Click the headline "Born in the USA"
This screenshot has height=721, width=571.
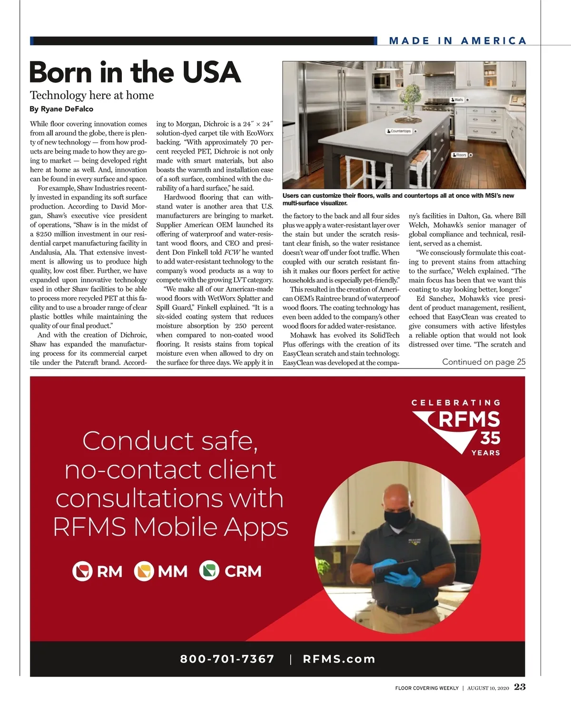point(135,73)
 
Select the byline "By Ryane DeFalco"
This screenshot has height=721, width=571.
point(61,109)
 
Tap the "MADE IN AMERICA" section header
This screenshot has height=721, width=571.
point(457,41)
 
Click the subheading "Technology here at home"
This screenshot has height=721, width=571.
point(92,95)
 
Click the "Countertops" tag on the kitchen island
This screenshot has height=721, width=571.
point(399,131)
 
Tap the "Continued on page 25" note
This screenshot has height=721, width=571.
point(483,362)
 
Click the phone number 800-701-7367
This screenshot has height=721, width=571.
point(227,659)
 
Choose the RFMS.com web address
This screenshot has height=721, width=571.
point(339,659)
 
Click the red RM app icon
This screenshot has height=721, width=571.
point(82,571)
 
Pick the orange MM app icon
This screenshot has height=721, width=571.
point(144,571)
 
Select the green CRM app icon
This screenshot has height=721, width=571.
point(209,571)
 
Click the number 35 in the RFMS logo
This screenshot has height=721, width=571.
point(490,438)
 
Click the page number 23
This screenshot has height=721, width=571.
point(520,687)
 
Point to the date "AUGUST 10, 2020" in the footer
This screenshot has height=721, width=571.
point(488,688)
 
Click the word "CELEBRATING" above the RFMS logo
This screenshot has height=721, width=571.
point(456,403)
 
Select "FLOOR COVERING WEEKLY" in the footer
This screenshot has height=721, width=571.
point(426,688)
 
